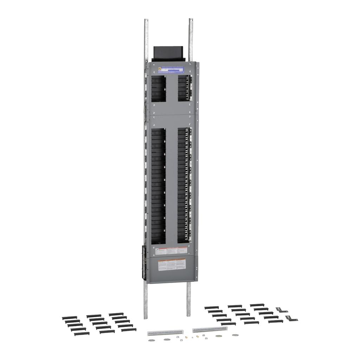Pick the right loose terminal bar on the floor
pyautogui.click(x=210, y=330)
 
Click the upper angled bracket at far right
pyautogui.click(x=282, y=310)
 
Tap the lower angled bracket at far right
pyautogui.click(x=292, y=319)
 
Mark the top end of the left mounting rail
pyautogui.click(x=146, y=20)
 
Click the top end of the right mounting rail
pyautogui.click(x=191, y=20)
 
